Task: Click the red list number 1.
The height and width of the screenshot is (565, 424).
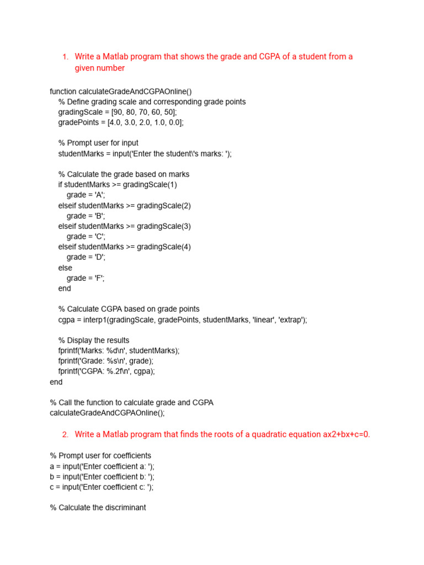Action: point(65,57)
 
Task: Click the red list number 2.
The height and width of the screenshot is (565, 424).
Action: point(65,435)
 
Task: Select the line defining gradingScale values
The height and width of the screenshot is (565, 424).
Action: point(118,112)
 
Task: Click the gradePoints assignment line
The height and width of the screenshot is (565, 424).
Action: point(120,122)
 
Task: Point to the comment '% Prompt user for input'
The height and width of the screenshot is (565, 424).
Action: point(98,143)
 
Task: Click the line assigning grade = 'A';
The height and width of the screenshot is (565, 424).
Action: point(86,195)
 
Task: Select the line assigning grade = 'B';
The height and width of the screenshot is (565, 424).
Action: point(86,216)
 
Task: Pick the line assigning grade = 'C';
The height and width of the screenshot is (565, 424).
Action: point(86,237)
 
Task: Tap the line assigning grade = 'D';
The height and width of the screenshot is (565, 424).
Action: point(86,257)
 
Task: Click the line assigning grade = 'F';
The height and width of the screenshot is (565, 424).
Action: point(86,278)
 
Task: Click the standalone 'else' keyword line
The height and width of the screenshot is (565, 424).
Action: point(65,268)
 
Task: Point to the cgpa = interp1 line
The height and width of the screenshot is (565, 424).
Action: point(182,319)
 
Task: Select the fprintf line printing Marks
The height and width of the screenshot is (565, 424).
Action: point(119,350)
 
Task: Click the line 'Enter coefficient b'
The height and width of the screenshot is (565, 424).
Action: point(102,477)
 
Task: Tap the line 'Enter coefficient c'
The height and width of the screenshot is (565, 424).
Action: point(102,487)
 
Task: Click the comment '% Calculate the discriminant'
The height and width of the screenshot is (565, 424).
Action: point(98,508)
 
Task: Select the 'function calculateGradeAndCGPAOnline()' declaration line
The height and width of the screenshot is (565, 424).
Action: point(121,92)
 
